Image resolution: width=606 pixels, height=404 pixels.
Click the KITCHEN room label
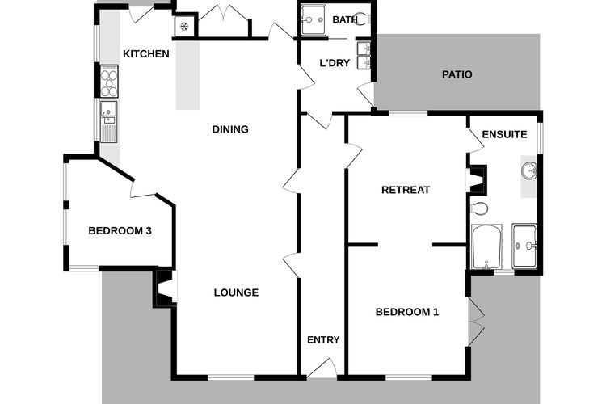click(146, 54)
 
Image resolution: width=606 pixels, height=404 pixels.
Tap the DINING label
click(230, 129)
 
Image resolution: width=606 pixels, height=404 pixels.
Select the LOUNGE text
click(236, 292)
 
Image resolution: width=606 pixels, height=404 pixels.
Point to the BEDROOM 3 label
click(120, 231)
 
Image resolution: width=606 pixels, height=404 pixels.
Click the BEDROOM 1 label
click(407, 312)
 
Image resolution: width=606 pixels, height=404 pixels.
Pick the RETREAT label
click(406, 190)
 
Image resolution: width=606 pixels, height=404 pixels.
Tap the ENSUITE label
click(504, 134)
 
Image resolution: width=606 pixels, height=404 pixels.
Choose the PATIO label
click(457, 74)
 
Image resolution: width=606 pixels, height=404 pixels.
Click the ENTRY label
click(323, 339)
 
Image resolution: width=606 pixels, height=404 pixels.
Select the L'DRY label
click(335, 63)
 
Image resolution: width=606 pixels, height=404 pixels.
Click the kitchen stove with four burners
click(109, 81)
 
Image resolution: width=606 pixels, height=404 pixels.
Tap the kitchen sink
click(108, 122)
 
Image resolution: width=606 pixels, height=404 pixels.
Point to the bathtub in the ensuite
click(486, 246)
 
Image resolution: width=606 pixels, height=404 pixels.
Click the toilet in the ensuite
click(479, 208)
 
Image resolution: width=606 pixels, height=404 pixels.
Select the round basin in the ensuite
click(528, 170)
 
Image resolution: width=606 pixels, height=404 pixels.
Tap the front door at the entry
click(322, 368)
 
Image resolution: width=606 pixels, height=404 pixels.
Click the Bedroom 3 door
click(143, 189)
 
